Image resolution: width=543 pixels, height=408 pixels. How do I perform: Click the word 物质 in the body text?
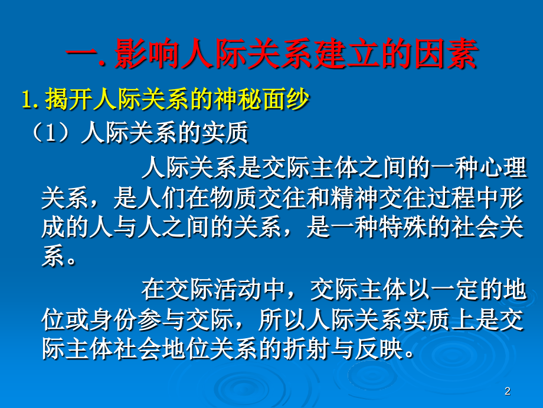(x=214, y=200)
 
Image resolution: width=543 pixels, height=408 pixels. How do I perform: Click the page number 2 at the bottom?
(x=508, y=391)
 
